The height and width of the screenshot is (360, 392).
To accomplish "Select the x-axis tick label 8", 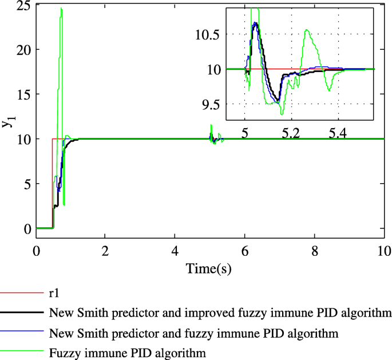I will pos(314,251).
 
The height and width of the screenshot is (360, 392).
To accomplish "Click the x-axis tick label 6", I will pos(245,251).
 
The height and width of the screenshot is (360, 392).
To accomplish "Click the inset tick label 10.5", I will pos(207,34).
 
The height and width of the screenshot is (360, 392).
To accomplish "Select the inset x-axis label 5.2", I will pos(291,132).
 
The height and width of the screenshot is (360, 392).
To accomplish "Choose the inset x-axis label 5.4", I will pos(338,132).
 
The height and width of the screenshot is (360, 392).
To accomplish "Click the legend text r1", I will pos(54,294).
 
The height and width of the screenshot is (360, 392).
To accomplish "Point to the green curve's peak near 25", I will pos(61,9).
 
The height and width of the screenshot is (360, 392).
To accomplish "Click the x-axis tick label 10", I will pos(383,251).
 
